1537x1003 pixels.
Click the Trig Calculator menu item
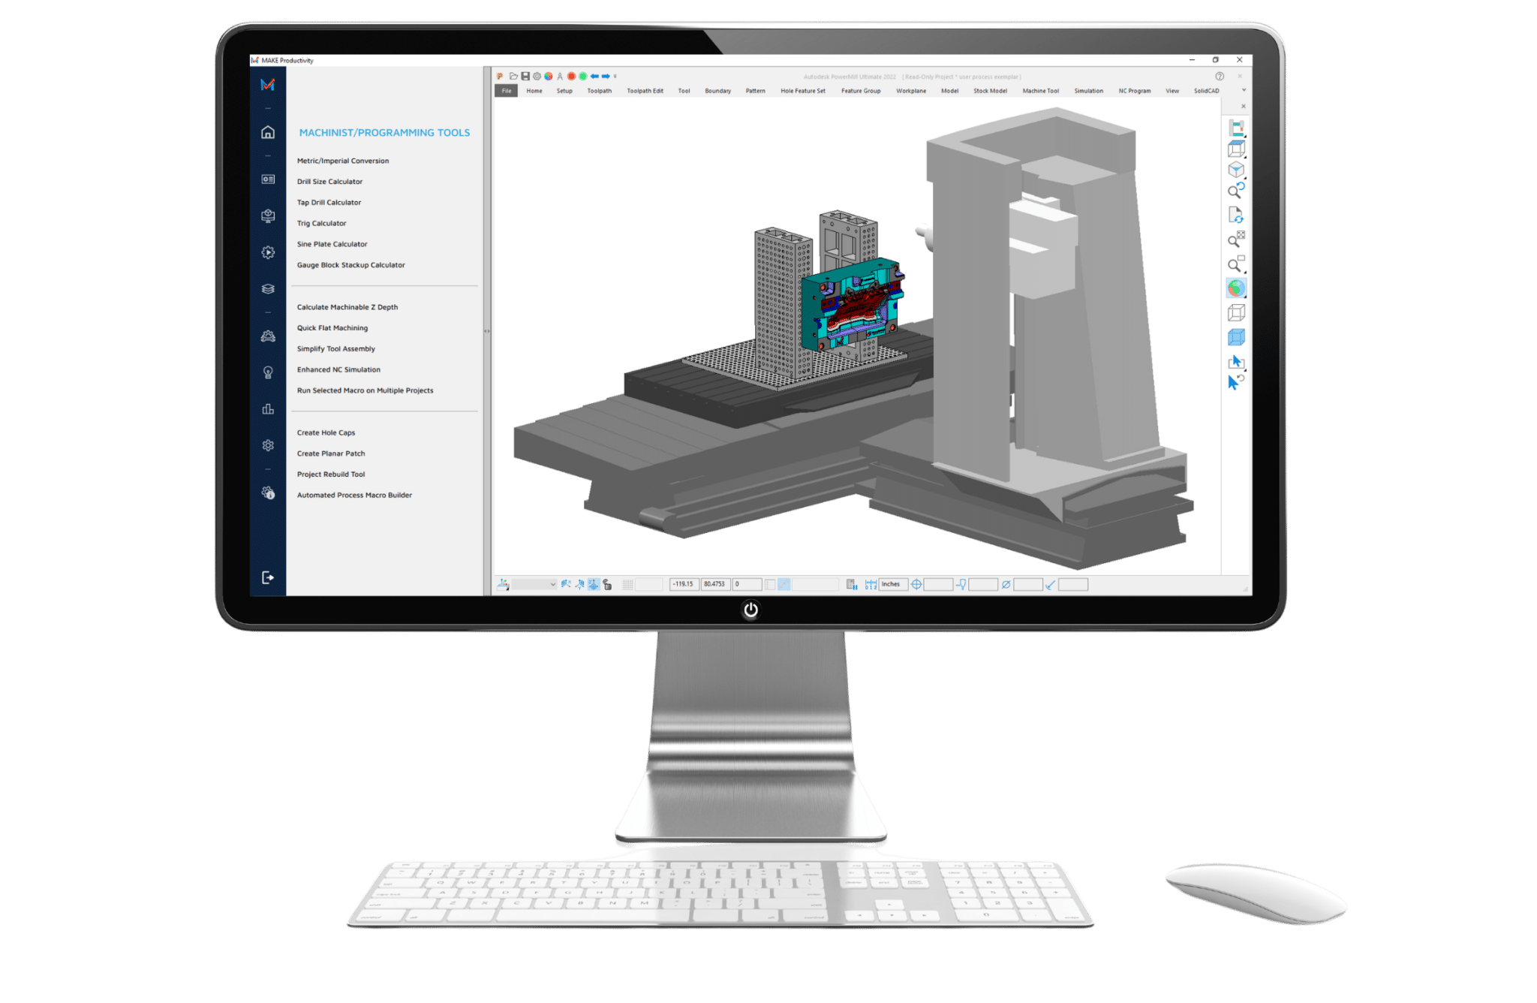[x=321, y=224]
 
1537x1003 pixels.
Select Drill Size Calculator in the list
[x=329, y=182]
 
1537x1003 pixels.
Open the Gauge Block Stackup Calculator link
[x=350, y=265]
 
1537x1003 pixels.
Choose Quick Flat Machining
[x=332, y=328]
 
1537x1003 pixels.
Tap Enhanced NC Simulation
[x=338, y=370]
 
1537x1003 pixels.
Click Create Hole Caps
[x=326, y=433]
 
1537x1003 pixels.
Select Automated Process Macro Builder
[x=354, y=495]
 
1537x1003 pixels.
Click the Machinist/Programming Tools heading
[x=384, y=133]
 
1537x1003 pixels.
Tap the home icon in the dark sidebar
[x=268, y=133]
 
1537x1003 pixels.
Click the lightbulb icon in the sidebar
[x=268, y=372]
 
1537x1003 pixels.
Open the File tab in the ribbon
[x=507, y=91]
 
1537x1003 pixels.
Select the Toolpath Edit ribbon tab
[x=645, y=91]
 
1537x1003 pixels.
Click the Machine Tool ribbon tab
[x=1040, y=91]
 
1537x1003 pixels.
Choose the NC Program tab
[x=1134, y=91]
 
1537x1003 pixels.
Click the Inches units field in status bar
[x=892, y=584]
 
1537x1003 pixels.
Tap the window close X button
[x=1240, y=60]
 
